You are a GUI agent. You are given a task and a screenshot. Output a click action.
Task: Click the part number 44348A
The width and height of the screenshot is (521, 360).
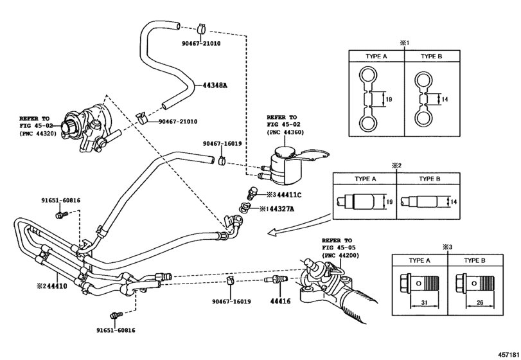215,85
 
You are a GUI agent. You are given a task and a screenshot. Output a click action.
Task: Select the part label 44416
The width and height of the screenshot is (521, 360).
280,301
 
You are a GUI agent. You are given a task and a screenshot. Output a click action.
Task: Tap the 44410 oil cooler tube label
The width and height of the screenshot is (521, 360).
57,286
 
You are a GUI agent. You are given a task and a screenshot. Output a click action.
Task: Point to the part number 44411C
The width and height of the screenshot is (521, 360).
289,195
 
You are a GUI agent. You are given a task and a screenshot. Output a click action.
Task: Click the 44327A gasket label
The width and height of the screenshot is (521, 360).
282,209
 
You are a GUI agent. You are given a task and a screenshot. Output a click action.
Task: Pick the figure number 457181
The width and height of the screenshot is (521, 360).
508,354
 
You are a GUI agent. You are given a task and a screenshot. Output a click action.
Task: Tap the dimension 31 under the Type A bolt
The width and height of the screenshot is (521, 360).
425,303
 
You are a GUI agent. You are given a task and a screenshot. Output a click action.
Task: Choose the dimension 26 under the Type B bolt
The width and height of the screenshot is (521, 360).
480,303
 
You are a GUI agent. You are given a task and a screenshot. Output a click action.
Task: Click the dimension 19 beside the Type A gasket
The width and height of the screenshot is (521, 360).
389,99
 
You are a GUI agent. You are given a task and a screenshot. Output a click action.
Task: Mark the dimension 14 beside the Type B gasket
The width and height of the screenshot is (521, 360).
445,99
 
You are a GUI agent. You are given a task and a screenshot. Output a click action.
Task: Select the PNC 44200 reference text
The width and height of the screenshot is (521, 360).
340,255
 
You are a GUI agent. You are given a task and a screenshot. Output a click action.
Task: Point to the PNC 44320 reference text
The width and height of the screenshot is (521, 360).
38,133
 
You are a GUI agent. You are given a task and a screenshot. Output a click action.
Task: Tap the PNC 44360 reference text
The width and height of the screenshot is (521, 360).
285,132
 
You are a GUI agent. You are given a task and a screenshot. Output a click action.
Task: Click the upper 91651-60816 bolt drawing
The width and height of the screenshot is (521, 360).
62,215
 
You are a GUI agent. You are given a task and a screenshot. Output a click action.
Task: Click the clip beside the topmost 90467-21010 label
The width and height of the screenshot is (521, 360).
201,28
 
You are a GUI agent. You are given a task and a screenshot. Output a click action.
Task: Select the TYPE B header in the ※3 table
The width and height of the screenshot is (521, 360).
475,260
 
